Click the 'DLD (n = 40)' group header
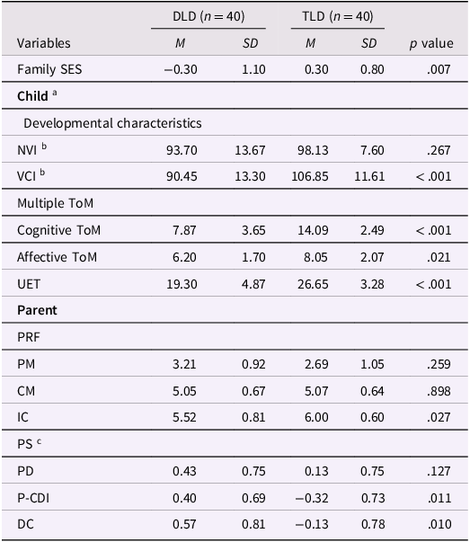[x=208, y=16]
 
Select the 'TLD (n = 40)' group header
[x=338, y=16]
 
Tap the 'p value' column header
[x=431, y=43]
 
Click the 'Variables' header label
[x=44, y=43]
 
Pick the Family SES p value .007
[x=439, y=69]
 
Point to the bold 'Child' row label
[x=32, y=96]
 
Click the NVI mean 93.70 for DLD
[x=182, y=150]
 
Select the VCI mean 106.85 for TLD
[x=310, y=176]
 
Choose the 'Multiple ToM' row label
[x=56, y=203]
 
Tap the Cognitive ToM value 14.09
[x=313, y=230]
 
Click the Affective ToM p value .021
[x=439, y=257]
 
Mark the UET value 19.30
[x=182, y=284]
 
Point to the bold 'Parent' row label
[x=37, y=310]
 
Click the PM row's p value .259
[x=439, y=364]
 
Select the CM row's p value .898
[x=439, y=391]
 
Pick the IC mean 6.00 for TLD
[x=316, y=417]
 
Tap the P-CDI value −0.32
[x=312, y=498]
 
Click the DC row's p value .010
[x=439, y=524]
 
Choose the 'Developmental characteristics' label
[x=112, y=123]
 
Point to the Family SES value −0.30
[x=181, y=69]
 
